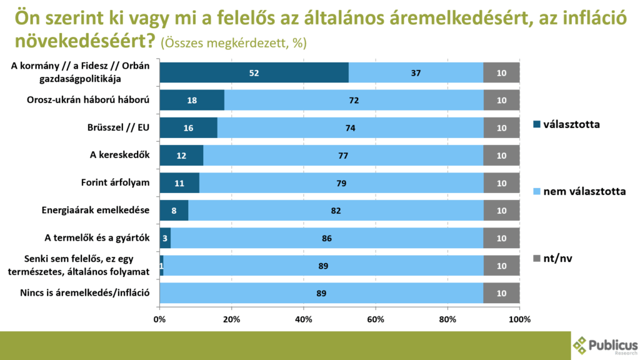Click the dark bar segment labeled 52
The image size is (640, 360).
254,73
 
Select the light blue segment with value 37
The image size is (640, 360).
416,73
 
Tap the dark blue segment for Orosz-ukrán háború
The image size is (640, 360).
192,101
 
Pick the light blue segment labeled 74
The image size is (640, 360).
350,128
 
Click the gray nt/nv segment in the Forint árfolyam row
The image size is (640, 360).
501,183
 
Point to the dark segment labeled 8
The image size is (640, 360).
174,211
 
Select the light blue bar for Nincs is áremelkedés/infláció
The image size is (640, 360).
322,293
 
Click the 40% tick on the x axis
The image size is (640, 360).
304,319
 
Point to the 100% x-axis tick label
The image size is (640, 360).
519,319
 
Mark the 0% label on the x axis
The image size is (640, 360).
160,319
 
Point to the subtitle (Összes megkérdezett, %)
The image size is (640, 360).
233,43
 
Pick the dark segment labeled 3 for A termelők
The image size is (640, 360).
165,238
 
